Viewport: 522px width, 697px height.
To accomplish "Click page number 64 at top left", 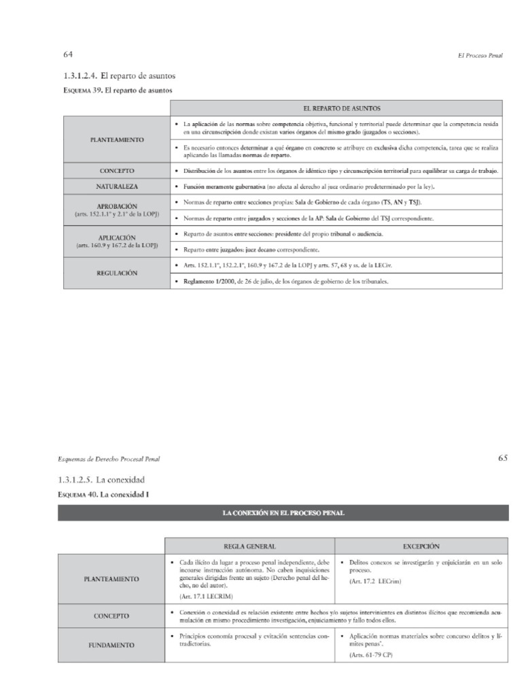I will tap(69, 54).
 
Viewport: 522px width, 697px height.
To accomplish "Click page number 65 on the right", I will tap(502, 458).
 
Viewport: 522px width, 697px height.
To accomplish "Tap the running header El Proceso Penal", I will tap(480, 55).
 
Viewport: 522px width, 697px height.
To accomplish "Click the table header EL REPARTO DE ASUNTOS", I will tap(336, 108).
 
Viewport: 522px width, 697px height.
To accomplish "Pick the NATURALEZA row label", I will tap(117, 186).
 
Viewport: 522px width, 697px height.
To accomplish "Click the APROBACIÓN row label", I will tap(117, 206).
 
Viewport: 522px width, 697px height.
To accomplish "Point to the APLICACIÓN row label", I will tap(117, 238).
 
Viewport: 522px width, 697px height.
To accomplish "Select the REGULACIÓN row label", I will tap(117, 272).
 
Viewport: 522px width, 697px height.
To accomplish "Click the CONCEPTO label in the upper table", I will tap(117, 170).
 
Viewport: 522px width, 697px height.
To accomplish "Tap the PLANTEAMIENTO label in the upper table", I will tap(117, 139).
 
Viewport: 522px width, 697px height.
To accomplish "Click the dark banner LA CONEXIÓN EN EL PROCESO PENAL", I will tap(283, 513).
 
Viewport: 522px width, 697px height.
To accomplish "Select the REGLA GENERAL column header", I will tap(249, 546).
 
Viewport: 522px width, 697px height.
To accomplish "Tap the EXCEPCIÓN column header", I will tap(421, 546).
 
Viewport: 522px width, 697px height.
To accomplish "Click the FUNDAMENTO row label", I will tap(111, 645).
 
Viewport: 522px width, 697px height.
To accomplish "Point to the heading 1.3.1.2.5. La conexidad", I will tap(102, 480).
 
